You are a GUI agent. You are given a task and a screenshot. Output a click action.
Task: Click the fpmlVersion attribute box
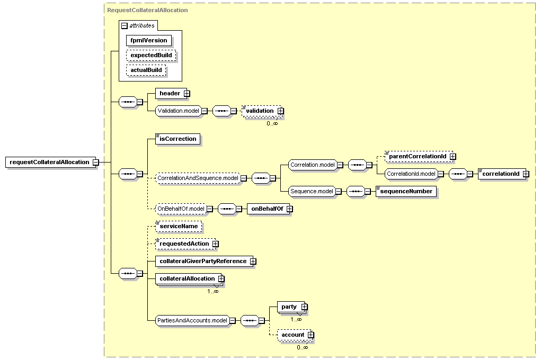point(149,40)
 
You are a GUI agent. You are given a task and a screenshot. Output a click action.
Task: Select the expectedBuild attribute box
point(151,55)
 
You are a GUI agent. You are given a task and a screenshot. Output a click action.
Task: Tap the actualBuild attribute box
point(146,70)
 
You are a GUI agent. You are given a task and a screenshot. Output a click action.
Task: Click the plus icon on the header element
point(187,94)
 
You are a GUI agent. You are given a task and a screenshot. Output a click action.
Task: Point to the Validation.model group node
point(179,111)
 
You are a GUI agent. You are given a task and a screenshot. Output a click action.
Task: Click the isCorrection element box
point(178,139)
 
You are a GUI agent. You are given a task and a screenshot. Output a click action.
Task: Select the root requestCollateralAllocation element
point(50,162)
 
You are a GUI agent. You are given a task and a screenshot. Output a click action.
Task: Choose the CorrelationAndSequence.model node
point(198,178)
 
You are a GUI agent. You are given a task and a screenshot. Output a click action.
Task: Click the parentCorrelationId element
point(419,156)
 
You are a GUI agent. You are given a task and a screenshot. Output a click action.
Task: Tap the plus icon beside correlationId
point(526,174)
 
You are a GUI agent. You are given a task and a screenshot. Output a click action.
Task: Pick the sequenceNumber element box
point(406,191)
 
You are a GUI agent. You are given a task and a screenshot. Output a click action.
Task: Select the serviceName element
point(179,226)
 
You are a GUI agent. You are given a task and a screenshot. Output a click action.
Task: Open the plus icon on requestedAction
point(215,244)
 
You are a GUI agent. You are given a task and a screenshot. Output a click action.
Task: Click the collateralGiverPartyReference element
point(204,262)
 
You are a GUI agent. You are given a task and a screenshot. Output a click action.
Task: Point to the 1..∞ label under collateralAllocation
point(213,291)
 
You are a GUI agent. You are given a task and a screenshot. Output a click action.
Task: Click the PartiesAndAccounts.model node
point(192,320)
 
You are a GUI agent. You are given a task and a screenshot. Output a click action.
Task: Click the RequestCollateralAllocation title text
point(147,11)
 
